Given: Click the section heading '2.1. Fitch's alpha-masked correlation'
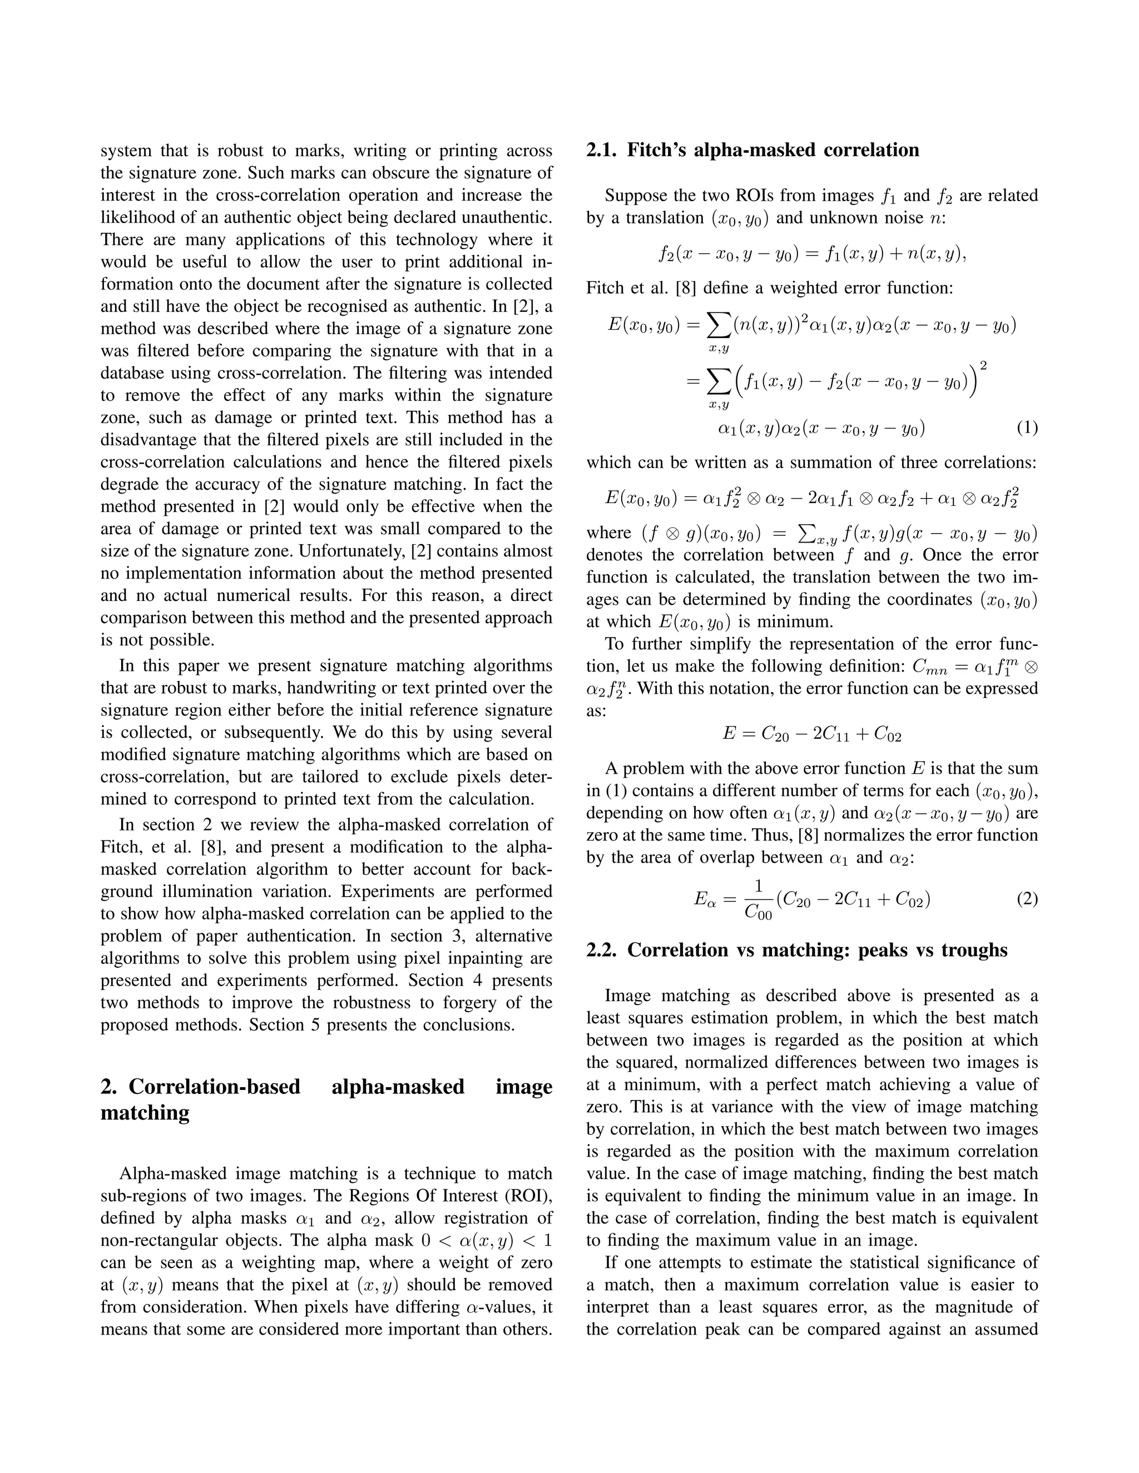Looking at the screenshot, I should coord(752,150).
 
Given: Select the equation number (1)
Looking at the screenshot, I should coord(1026,427).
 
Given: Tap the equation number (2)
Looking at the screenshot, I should coord(1026,899).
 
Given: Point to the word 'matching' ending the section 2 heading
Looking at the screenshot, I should coord(145,1112).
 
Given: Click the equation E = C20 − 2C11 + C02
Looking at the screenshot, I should coord(812,734).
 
